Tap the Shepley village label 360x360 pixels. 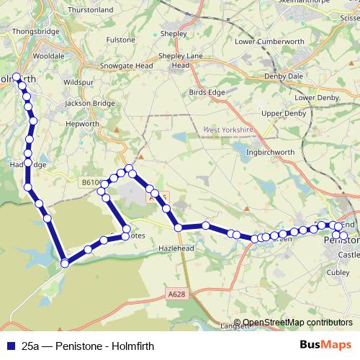click(174, 33)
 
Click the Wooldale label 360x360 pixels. click(48, 55)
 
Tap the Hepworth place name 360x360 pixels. click(82, 124)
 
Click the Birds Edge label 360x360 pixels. click(206, 92)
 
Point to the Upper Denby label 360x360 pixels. click(284, 114)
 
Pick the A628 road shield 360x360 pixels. click(178, 294)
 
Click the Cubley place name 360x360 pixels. click(338, 273)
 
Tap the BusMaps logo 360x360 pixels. click(325, 345)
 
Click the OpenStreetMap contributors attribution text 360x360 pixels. click(297, 323)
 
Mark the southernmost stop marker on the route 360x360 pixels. click(65, 263)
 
